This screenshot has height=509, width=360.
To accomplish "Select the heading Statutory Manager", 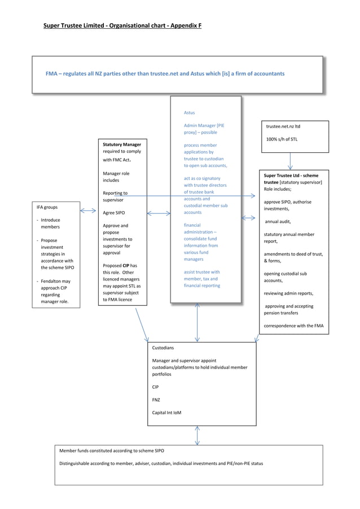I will tap(122, 144).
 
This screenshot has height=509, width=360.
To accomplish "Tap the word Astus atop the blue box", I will tap(189, 112).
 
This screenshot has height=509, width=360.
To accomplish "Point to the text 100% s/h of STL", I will tap(282, 139).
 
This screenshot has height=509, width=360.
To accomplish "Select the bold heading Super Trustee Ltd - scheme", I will tap(291, 175).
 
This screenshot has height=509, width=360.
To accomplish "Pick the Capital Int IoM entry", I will tap(166, 413).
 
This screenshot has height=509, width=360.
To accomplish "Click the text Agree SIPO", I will tap(113, 213).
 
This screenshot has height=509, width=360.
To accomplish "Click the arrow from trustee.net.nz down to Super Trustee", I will tap(291, 161).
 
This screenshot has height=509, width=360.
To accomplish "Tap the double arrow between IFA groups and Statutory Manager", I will tap(88, 210).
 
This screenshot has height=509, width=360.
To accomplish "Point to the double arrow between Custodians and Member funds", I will tap(197, 435).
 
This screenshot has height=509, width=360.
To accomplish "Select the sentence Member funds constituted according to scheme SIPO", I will tap(112, 451).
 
